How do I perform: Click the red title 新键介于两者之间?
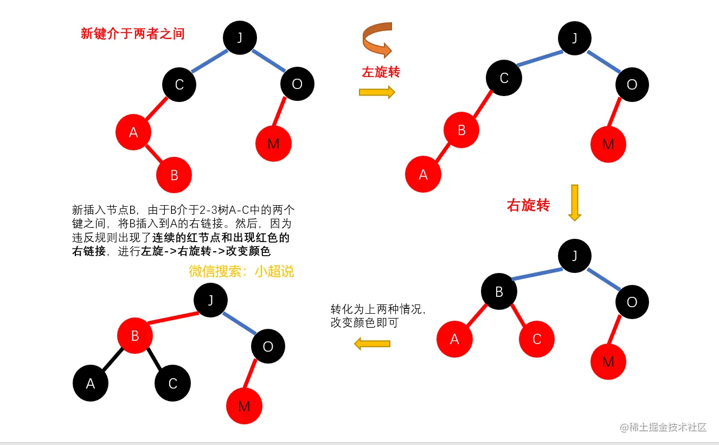(x=133, y=34)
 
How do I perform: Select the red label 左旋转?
(x=381, y=72)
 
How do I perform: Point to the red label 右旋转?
(x=528, y=205)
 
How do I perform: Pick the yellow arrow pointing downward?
(x=574, y=202)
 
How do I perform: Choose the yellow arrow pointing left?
(x=372, y=344)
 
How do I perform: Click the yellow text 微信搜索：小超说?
(x=241, y=271)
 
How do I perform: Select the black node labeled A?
(x=91, y=384)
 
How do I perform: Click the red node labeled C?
(x=537, y=339)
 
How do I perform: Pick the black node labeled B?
(x=499, y=292)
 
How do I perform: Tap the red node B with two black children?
(x=135, y=336)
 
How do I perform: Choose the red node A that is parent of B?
(x=133, y=132)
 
